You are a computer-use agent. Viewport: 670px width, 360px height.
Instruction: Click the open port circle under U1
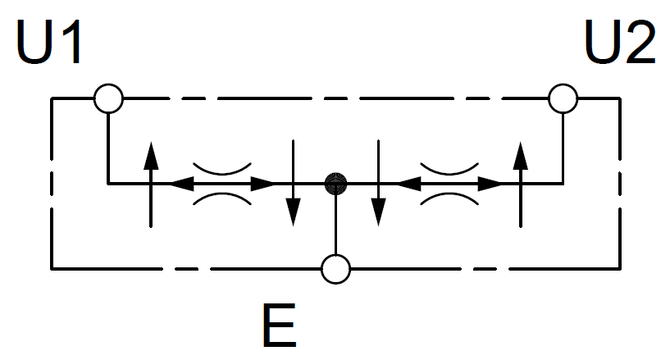(107, 99)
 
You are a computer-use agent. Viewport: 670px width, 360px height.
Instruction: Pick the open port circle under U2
(563, 99)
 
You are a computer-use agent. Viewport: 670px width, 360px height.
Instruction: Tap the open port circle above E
(335, 268)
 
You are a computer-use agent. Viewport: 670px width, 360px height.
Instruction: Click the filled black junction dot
(335, 183)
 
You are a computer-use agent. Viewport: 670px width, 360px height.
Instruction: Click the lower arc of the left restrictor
(222, 197)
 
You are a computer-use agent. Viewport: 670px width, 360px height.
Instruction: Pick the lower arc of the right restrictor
(449, 197)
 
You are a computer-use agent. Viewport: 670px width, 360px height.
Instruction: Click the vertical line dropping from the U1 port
(107, 148)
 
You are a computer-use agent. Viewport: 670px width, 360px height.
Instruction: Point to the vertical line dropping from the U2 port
(563, 148)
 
